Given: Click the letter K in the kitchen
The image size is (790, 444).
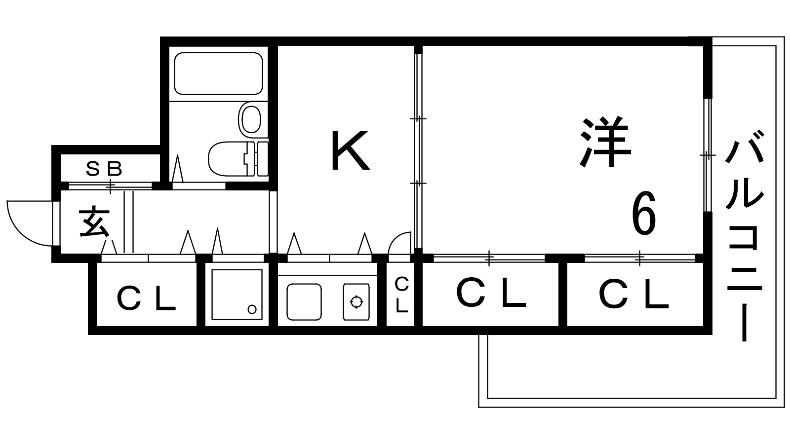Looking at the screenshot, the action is (351, 150).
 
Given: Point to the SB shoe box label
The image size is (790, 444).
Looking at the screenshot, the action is (104, 169).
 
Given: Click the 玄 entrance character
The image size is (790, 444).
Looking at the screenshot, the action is (94, 222).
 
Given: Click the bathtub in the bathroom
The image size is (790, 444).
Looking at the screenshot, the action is (219, 74).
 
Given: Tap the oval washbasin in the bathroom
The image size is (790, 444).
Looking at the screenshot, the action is (250, 120).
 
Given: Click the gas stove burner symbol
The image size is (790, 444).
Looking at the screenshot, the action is (356, 302).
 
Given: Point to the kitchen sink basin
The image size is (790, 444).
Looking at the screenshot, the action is (304, 302).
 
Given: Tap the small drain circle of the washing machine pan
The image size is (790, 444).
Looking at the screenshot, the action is (252, 309).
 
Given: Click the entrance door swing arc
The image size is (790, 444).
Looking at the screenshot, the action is (30, 223).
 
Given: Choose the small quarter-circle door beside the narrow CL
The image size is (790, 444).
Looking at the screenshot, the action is (400, 243).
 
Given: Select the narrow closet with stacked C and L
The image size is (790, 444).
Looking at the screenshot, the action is (400, 294).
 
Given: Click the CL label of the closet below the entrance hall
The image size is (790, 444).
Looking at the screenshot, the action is (147, 298).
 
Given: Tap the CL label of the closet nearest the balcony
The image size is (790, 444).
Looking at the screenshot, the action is (634, 294).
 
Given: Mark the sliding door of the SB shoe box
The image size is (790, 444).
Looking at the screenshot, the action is (111, 185).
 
